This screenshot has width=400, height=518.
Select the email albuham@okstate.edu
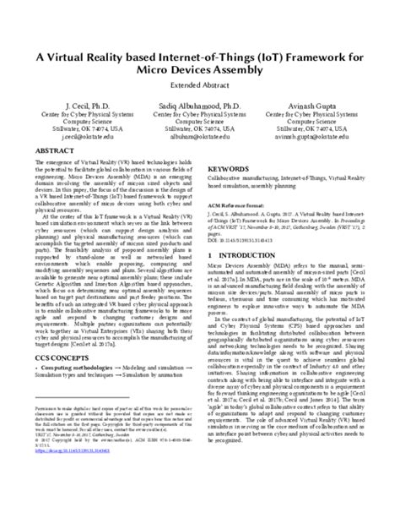pyautogui.click(x=200, y=133)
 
